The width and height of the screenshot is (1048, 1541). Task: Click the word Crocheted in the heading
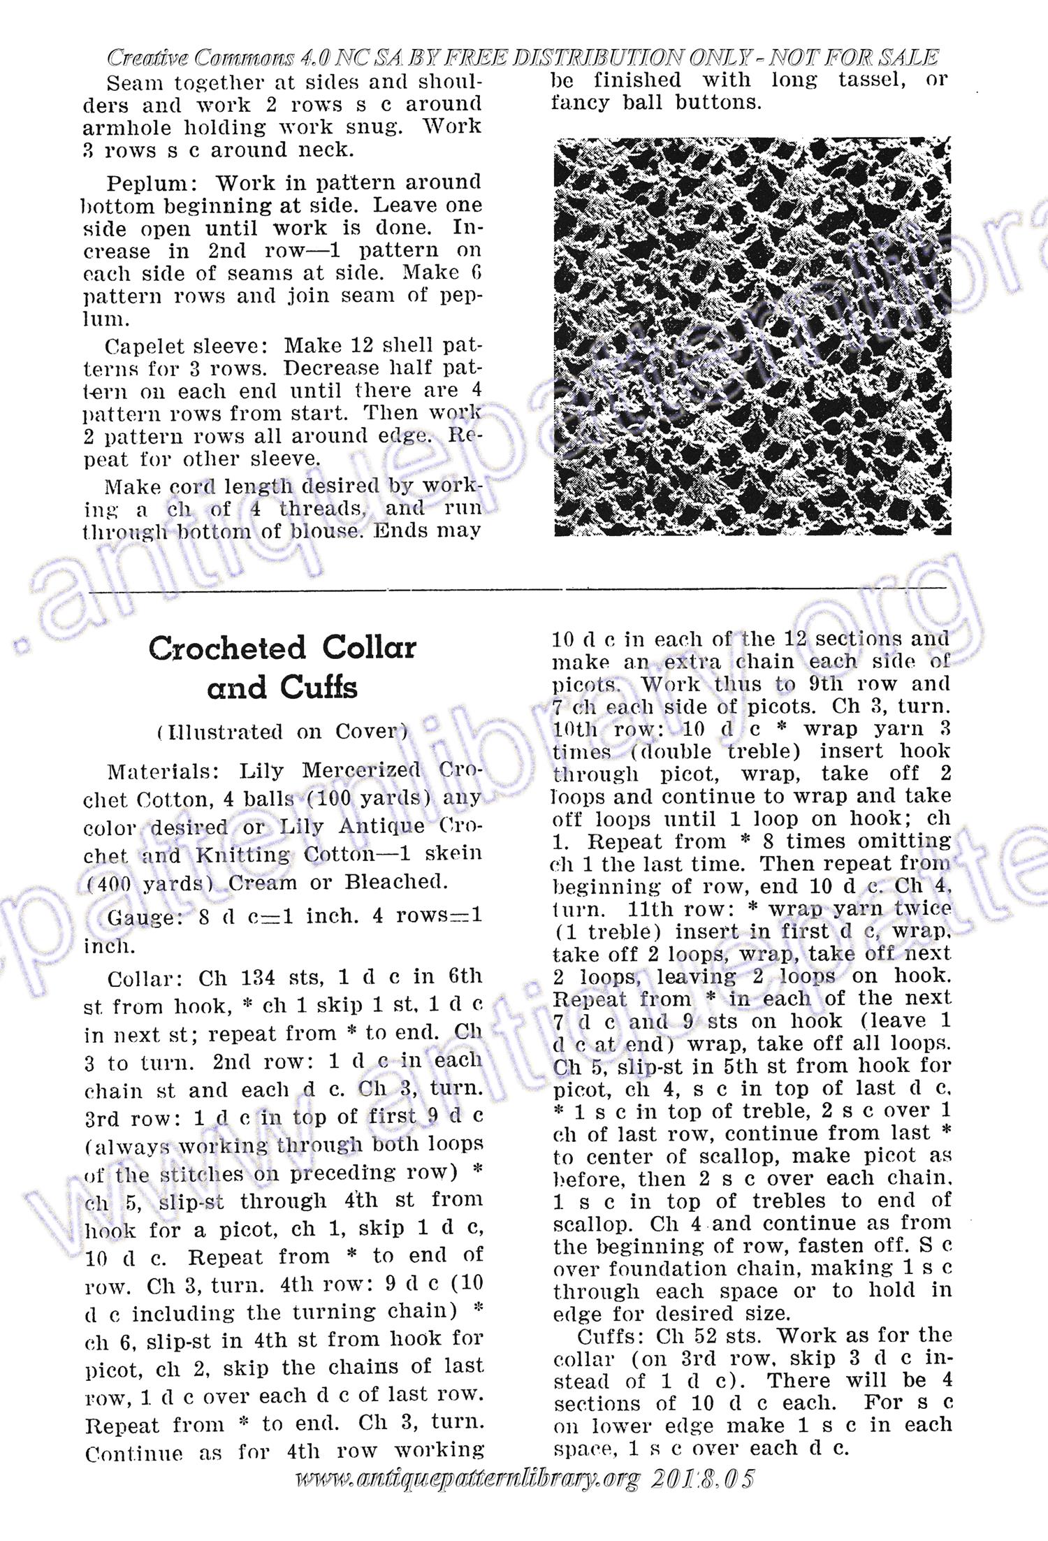[x=227, y=648]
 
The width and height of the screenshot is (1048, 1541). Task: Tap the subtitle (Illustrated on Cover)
[x=282, y=732]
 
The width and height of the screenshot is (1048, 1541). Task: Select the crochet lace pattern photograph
[x=752, y=337]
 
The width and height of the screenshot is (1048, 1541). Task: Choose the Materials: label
[x=164, y=772]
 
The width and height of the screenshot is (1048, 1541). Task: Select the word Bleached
[x=395, y=882]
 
